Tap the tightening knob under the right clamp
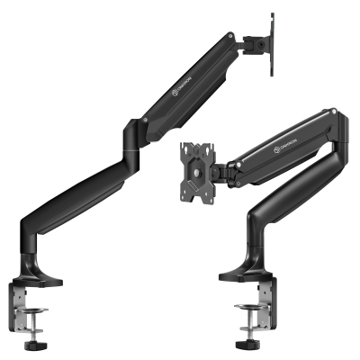247,346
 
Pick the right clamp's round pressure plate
247,315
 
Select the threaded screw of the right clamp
247,330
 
